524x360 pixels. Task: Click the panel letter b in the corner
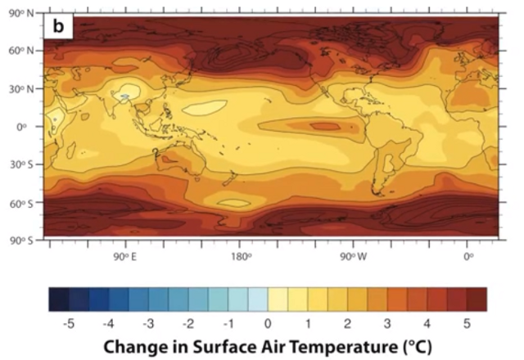tap(58, 26)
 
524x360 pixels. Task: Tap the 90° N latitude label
tap(22, 13)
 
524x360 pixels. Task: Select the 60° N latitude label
tap(22, 51)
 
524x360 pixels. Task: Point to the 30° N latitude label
tap(22, 89)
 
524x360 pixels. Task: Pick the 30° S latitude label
tap(22, 164)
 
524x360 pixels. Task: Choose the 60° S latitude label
tap(22, 203)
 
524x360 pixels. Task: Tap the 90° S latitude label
tap(22, 241)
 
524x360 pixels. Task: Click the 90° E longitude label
tap(124, 257)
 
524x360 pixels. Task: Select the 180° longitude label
tap(241, 257)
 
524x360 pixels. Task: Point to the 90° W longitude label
tap(354, 257)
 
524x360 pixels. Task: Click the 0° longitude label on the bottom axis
tap(469, 257)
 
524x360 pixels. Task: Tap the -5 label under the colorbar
tap(68, 324)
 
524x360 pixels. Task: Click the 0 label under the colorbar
tap(268, 324)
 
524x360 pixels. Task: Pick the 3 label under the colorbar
tap(387, 324)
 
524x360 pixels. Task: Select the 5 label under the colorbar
tap(467, 324)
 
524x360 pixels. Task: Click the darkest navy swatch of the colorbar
tap(59, 299)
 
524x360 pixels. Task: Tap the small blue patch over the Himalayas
tap(125, 97)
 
